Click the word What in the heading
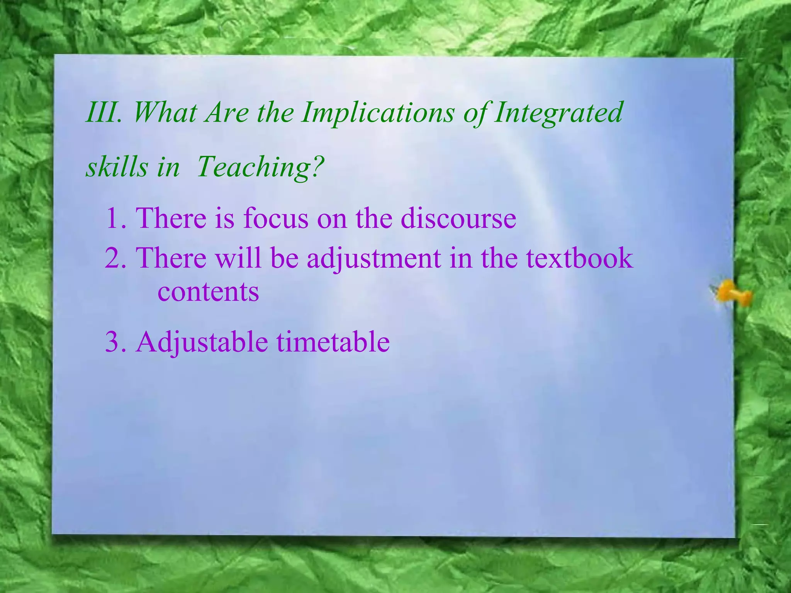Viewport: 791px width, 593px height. coord(165,112)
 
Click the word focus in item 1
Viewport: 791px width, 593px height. coord(275,218)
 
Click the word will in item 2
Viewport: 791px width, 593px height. coord(238,258)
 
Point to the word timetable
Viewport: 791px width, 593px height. coord(333,342)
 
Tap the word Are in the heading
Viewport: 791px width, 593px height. coord(227,112)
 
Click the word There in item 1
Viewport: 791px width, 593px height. coord(171,218)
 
